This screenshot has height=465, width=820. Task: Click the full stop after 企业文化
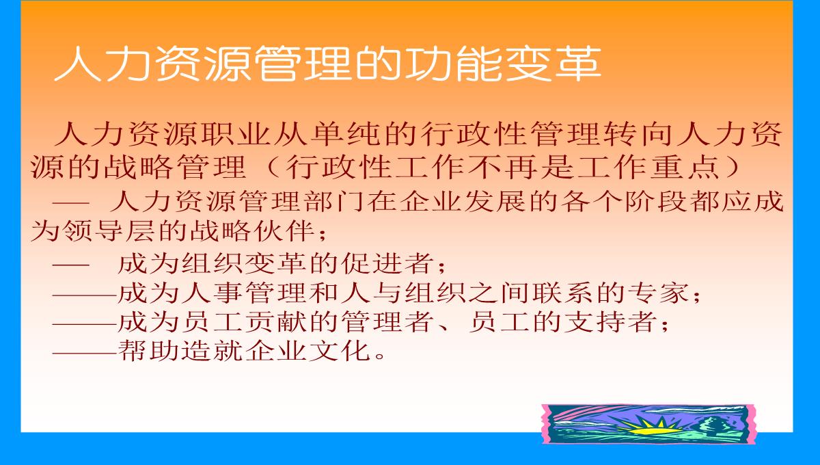coord(380,356)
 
